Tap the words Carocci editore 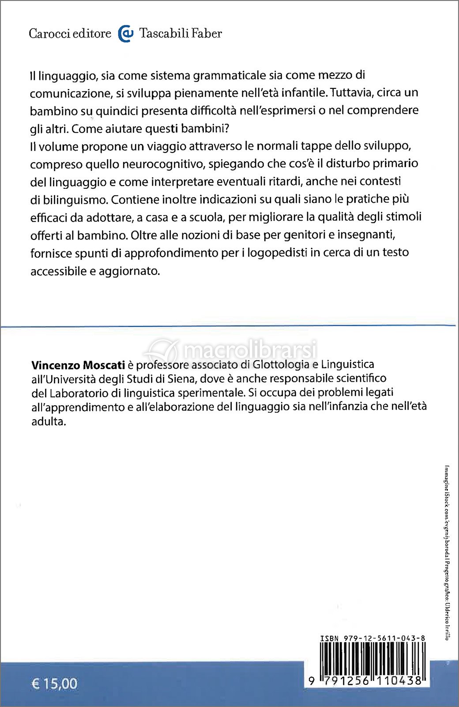70,34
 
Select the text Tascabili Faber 181,34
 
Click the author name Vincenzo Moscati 78,365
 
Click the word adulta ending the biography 49,422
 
